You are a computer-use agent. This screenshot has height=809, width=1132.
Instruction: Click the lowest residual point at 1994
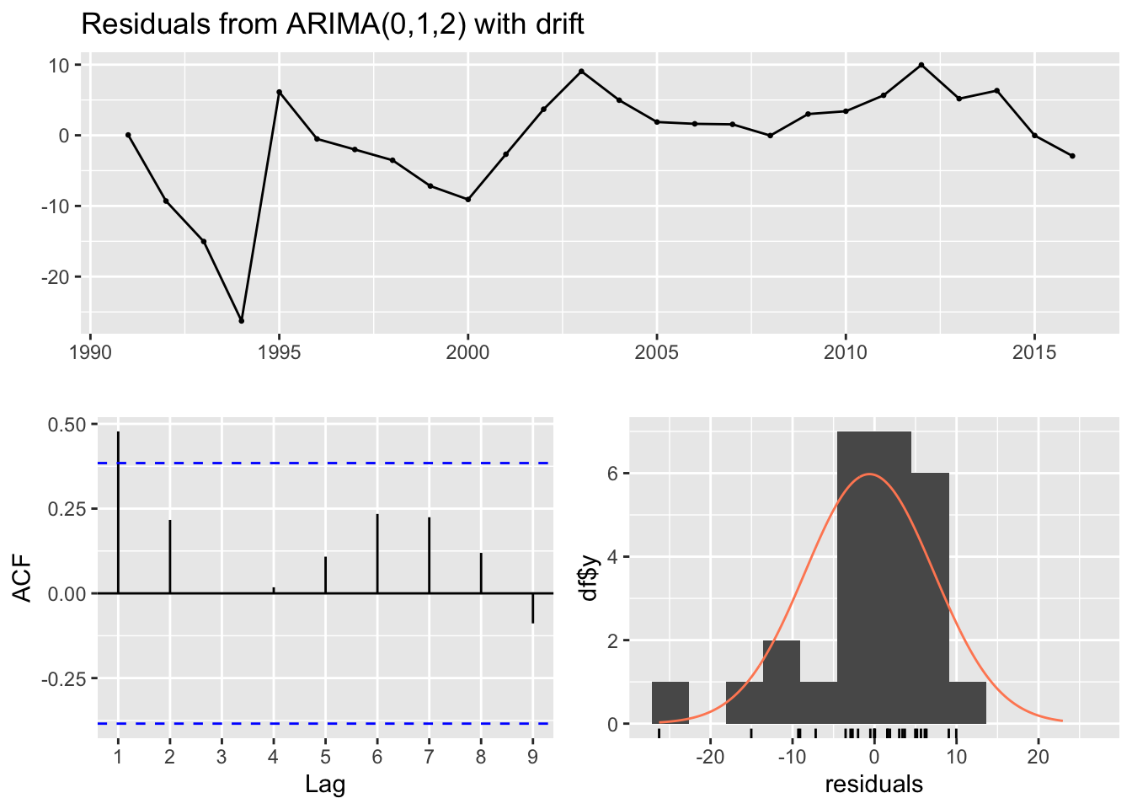point(242,321)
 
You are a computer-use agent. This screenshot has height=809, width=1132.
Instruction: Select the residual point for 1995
point(279,92)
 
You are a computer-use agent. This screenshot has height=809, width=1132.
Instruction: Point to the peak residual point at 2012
point(921,65)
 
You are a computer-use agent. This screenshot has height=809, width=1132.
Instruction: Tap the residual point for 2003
point(581,72)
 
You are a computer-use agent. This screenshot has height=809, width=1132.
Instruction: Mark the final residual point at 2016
point(1072,156)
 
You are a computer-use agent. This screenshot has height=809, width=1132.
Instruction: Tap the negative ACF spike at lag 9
point(532,608)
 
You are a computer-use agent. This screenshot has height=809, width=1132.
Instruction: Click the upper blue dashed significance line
point(337,463)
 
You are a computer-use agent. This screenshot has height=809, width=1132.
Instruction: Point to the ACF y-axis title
point(24,577)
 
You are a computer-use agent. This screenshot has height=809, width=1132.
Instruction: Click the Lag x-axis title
point(325,785)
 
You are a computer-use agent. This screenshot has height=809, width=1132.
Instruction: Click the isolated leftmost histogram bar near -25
point(670,703)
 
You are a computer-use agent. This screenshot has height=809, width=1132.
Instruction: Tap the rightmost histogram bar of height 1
point(967,703)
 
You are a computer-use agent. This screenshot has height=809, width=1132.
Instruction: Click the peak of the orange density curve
point(870,474)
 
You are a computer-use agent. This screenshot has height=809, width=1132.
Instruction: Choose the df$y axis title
point(590,577)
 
